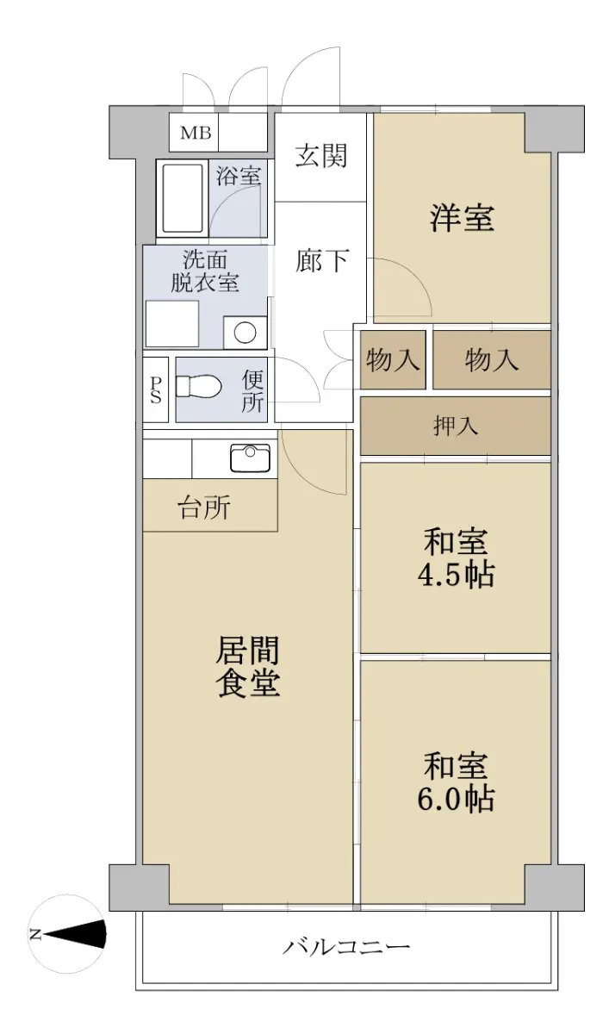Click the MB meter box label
click(196, 133)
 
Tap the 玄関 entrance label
click(321, 155)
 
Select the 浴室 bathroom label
click(239, 176)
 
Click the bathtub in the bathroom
click(183, 198)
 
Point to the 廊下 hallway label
click(321, 260)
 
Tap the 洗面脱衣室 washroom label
click(205, 271)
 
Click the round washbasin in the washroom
click(245, 332)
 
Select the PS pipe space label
click(156, 390)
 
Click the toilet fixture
click(198, 386)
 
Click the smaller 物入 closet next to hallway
click(393, 359)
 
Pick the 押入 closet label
click(456, 426)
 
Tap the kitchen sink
click(251, 458)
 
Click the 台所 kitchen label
click(204, 508)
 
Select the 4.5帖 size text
click(456, 575)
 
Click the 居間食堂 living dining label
click(248, 666)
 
